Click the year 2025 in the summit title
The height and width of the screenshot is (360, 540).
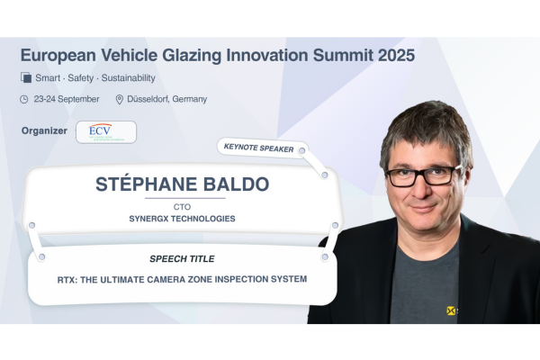point(396,55)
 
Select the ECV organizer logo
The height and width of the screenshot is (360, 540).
point(106,132)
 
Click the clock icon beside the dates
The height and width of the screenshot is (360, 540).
point(23,100)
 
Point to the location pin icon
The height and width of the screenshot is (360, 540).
point(119,100)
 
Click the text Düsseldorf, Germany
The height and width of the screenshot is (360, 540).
point(167,99)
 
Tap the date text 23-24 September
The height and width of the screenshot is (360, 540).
point(67,99)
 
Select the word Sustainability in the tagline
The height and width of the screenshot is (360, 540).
point(128,78)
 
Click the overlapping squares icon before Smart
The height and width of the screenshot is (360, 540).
point(26,77)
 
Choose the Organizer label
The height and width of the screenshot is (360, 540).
point(44,130)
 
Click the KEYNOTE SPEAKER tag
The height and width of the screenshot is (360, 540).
point(258,148)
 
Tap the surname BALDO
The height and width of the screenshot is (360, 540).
point(236,184)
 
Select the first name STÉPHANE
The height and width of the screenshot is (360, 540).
point(147,184)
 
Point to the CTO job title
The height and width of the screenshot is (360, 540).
point(182,207)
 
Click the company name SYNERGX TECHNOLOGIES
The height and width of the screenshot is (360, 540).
point(182,219)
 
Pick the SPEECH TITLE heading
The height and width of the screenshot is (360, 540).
point(182,259)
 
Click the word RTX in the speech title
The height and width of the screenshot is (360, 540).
point(67,280)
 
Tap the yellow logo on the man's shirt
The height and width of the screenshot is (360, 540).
point(451,310)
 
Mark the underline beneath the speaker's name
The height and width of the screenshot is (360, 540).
point(185,198)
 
